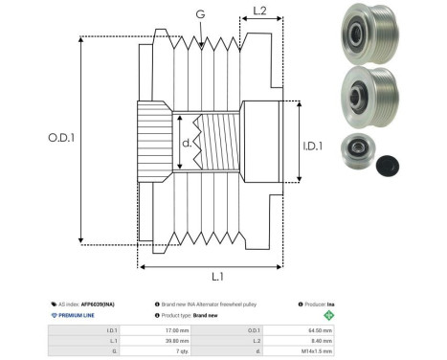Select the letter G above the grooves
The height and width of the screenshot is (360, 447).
(x=199, y=14)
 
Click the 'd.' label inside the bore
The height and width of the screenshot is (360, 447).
(x=187, y=144)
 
